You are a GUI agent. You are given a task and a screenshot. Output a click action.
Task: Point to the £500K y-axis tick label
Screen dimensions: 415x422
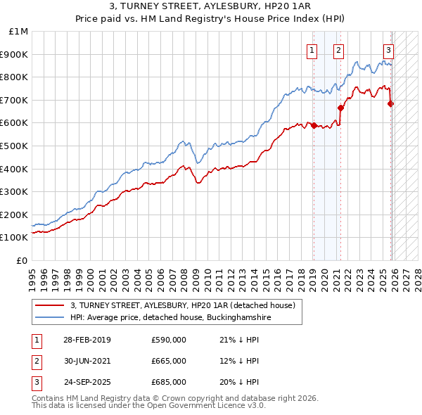tap(15, 146)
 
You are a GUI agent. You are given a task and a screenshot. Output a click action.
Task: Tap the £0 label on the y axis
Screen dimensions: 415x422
tap(22, 260)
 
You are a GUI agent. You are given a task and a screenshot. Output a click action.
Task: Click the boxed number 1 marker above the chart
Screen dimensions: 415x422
tap(312, 49)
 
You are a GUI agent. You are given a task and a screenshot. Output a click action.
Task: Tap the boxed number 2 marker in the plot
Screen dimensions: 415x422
tap(338, 49)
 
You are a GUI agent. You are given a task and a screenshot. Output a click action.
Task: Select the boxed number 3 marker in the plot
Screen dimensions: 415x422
tap(388, 49)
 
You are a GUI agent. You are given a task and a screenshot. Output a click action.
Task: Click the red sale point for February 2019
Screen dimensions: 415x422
tap(314, 125)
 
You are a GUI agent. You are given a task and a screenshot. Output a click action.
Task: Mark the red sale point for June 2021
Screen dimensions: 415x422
tap(340, 108)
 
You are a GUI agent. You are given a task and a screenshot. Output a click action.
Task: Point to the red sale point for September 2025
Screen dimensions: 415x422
tap(391, 103)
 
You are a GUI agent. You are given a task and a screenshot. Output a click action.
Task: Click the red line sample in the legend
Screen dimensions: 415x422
tap(51, 305)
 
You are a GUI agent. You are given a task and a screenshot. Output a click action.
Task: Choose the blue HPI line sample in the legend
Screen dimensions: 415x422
tap(51, 317)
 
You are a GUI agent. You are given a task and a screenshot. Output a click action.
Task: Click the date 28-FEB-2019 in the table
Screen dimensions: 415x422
tap(87, 340)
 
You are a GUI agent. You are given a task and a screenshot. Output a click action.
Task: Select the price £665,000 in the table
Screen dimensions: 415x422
tap(168, 361)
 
